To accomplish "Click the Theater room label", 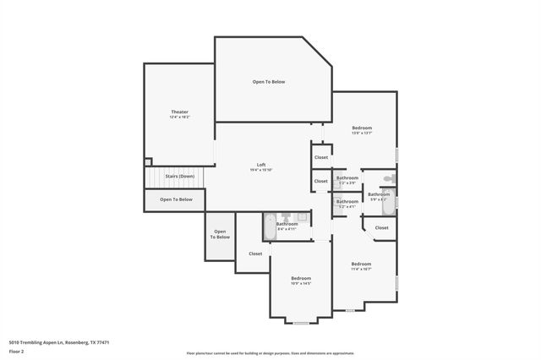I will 179,112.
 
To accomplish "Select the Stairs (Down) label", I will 179,176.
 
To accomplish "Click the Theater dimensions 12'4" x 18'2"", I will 179,117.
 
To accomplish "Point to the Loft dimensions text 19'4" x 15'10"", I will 261,170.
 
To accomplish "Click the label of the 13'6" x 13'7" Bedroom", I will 362,128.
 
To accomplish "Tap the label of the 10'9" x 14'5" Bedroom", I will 302,278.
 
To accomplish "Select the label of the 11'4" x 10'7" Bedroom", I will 361,264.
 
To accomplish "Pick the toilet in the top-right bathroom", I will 388,179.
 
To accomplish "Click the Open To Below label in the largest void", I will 269,82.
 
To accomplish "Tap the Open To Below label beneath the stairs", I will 176,199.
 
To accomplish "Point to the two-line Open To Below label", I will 220,234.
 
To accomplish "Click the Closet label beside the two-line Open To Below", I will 255,254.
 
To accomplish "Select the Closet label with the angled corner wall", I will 382,227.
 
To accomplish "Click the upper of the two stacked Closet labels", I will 321,157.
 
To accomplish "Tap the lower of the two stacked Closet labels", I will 321,181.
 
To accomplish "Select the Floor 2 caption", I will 17,350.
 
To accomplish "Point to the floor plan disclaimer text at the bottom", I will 270,353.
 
